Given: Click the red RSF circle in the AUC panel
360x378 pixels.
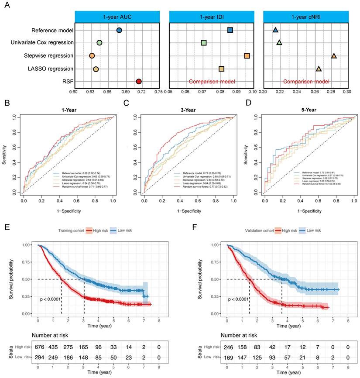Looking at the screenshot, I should click(139, 82).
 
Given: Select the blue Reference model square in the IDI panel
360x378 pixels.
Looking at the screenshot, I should click(230, 30).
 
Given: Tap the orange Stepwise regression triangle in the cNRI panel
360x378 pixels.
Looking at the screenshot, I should click(334, 56).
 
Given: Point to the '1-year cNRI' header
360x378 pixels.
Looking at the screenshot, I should click(305, 17).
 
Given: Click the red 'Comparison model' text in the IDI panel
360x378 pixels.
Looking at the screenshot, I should click(212, 82).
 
